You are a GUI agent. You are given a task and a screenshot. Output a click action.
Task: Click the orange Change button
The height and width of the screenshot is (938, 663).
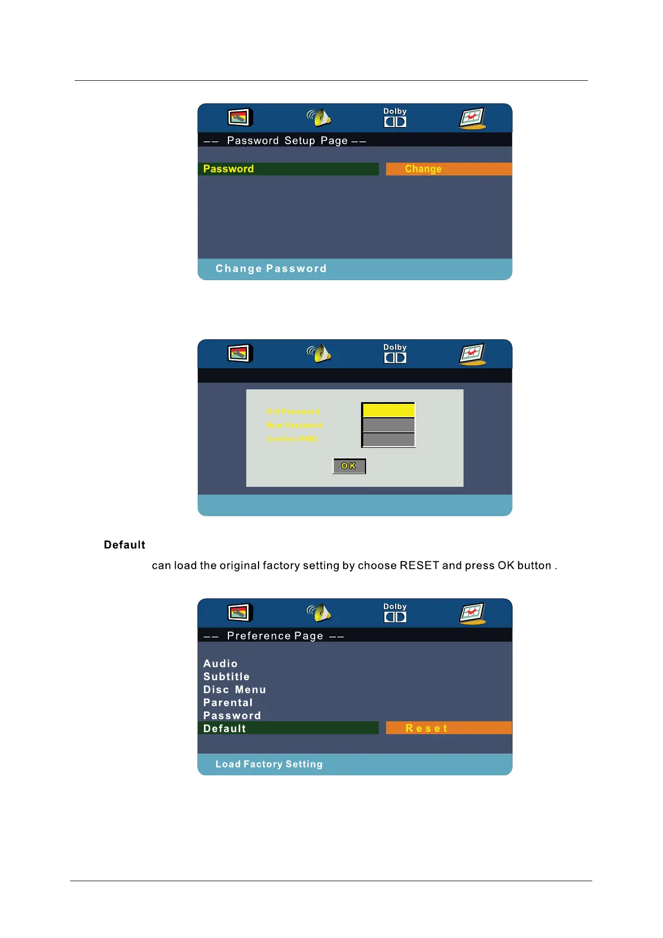click(448, 169)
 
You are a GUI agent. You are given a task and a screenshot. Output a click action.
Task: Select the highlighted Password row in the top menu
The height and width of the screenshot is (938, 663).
click(288, 169)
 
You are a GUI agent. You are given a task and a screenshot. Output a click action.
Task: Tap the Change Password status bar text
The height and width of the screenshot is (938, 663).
click(271, 268)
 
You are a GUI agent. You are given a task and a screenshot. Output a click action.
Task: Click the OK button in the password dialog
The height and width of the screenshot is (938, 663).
click(349, 466)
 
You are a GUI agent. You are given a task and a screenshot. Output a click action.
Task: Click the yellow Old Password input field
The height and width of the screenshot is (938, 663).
click(388, 410)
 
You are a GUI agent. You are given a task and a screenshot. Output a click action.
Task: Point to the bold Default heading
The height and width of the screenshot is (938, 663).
click(124, 545)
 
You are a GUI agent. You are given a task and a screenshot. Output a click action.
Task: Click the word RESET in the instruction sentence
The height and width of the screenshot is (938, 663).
click(419, 565)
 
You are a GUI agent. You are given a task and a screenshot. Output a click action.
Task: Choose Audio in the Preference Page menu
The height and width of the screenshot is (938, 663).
click(221, 663)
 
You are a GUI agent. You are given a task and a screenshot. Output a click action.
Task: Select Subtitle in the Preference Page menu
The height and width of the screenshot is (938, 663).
click(226, 676)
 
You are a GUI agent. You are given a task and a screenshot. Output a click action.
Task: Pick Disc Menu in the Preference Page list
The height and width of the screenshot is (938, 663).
click(235, 690)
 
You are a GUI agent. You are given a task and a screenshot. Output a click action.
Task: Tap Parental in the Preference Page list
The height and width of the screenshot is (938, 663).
click(228, 702)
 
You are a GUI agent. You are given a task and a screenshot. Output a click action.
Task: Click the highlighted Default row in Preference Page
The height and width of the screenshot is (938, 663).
click(288, 728)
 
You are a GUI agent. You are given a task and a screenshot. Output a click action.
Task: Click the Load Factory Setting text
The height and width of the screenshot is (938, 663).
click(269, 764)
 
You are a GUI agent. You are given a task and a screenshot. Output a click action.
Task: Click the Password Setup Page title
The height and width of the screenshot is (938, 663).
click(287, 140)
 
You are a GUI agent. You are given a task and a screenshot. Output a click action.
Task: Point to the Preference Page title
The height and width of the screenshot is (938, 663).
click(275, 636)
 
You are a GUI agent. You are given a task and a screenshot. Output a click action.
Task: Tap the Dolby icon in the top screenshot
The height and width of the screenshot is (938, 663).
click(395, 118)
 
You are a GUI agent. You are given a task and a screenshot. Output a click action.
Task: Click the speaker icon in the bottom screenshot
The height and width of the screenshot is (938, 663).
click(319, 613)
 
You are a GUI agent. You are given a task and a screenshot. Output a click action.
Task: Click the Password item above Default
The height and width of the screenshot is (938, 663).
click(232, 715)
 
